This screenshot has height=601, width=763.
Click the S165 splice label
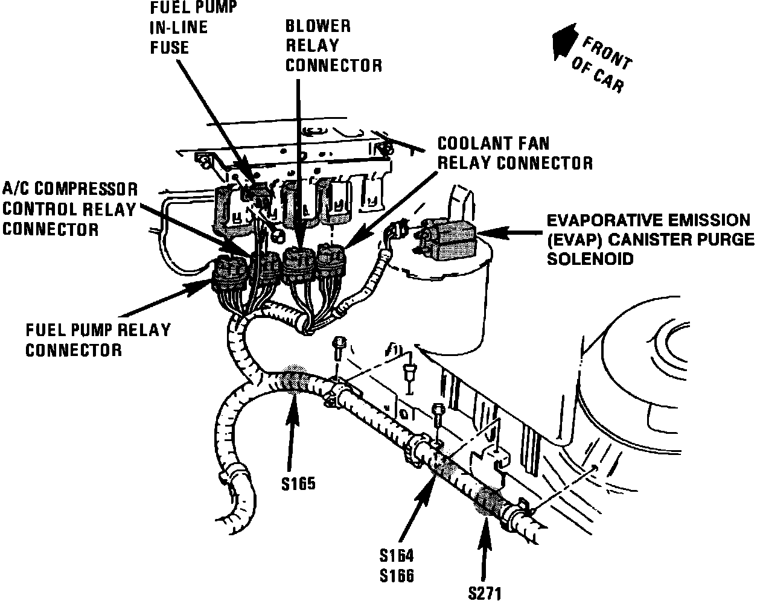click(x=298, y=483)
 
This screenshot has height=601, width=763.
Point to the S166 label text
click(x=397, y=576)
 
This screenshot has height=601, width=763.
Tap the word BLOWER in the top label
click(x=318, y=26)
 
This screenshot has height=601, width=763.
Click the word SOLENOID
click(x=590, y=259)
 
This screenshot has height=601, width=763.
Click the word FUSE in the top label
click(x=169, y=46)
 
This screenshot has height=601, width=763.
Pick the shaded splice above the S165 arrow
click(x=296, y=381)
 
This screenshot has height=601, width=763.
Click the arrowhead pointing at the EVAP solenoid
click(x=487, y=231)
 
